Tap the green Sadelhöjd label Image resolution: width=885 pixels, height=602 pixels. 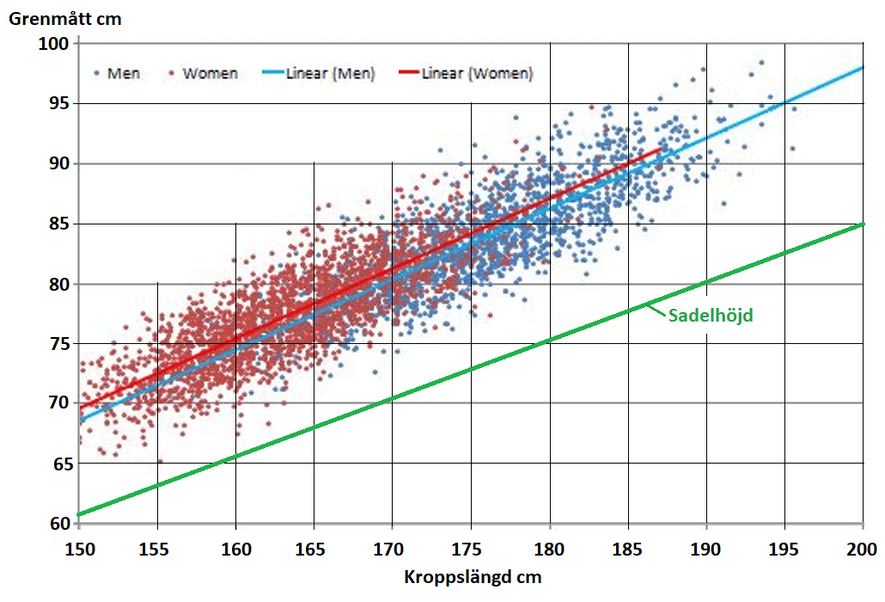click(710, 316)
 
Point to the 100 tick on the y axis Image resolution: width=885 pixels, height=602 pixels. click(54, 43)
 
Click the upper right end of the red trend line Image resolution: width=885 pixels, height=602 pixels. click(661, 148)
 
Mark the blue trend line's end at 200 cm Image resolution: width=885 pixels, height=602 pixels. click(862, 67)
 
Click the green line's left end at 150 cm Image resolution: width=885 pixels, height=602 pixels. click(80, 514)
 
